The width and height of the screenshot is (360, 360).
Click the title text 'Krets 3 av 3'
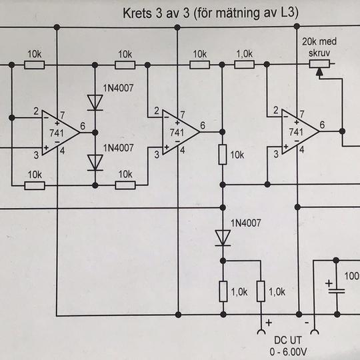click(156, 13)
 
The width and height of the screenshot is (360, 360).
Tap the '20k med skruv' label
click(319, 47)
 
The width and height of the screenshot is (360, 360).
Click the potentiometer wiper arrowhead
click(319, 72)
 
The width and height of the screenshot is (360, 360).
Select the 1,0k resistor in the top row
click(244, 65)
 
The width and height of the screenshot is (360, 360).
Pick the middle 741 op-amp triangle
click(181, 132)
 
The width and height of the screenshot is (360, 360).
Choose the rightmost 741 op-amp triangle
click(300, 131)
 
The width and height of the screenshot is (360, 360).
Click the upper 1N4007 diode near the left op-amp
click(95, 103)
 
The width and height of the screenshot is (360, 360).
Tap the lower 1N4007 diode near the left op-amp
click(95, 163)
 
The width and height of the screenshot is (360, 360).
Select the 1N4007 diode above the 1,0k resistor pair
click(223, 238)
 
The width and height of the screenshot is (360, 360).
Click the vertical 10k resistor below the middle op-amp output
click(223, 155)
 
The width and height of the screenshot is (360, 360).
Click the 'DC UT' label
click(288, 341)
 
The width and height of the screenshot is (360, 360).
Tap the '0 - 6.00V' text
click(289, 352)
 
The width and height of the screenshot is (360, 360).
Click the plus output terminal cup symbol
click(261, 332)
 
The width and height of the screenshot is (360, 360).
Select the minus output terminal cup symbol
click(315, 332)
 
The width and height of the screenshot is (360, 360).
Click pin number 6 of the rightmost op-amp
click(323, 125)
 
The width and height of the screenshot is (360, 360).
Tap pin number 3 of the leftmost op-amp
click(36, 155)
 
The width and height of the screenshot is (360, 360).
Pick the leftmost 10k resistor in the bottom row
click(35, 185)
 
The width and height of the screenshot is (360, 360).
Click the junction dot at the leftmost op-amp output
click(95, 133)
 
